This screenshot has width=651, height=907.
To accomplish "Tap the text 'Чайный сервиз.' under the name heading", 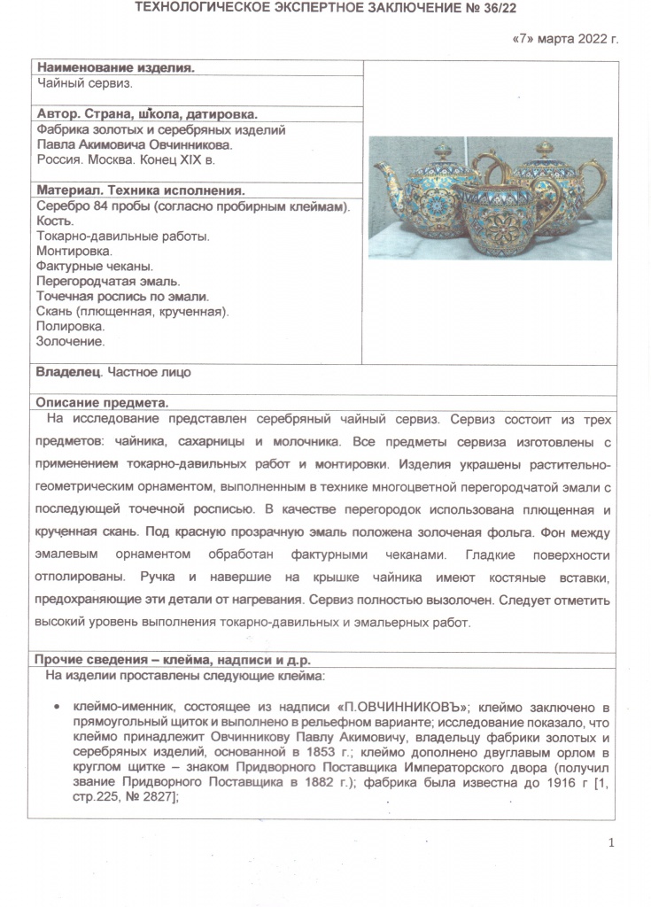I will coord(84,83).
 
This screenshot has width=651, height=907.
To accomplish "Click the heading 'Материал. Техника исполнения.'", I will coord(140,190).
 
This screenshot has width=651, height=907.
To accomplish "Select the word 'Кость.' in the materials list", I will coord(55,221).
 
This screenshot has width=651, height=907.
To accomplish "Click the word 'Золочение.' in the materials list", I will coord(70,341).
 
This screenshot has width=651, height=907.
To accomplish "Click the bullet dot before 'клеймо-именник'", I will coord(57,708).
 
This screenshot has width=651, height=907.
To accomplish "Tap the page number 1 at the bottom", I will coord(612,842).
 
